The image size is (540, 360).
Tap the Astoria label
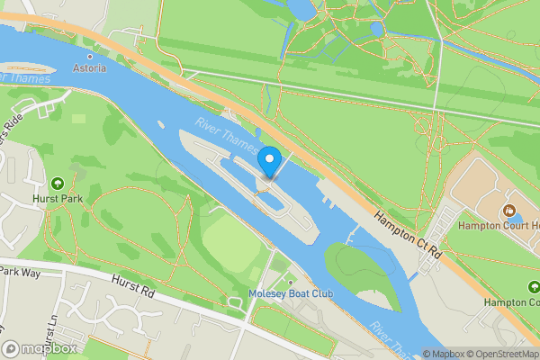[89, 68]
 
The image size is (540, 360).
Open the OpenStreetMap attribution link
[503, 354]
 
